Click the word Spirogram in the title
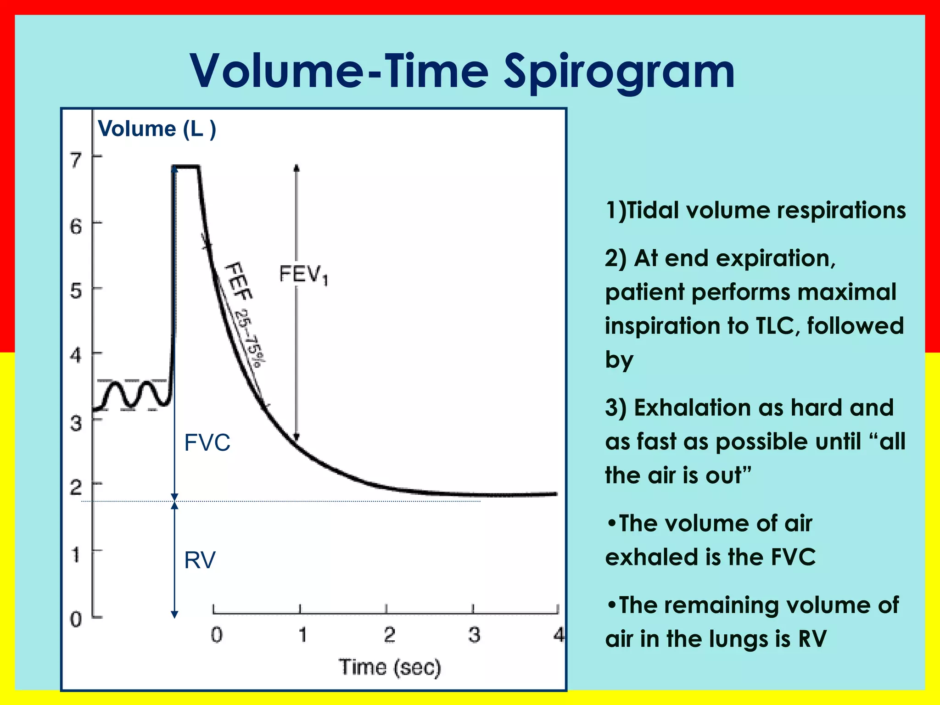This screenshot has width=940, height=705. (620, 71)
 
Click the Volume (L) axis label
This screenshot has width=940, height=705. (157, 129)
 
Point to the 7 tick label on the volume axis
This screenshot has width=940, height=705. (76, 160)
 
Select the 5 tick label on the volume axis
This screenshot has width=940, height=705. (76, 291)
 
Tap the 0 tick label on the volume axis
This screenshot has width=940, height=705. (76, 619)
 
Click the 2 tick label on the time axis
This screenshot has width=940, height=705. (389, 635)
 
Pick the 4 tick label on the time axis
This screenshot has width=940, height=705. (559, 635)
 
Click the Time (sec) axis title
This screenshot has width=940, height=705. (390, 667)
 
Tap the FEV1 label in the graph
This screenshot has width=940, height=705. (303, 275)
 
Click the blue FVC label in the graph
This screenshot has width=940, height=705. (207, 443)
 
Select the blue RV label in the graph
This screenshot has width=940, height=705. (200, 560)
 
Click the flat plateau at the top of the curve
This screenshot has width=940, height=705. (186, 167)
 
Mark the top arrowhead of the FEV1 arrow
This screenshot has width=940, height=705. (297, 168)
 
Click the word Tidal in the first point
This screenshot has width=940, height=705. (653, 211)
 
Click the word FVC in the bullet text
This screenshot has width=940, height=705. (793, 557)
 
